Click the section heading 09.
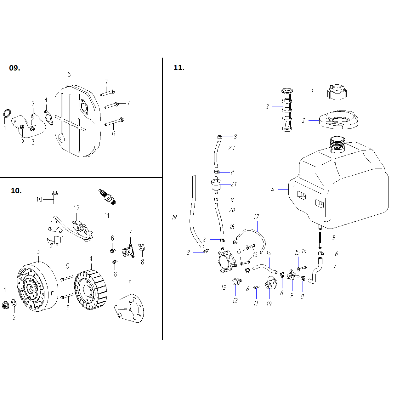(14, 68)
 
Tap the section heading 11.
(179, 68)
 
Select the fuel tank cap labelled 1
(337, 92)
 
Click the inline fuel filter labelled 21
(216, 185)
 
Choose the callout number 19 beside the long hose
(174, 217)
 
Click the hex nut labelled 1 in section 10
(5, 304)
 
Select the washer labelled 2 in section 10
(14, 303)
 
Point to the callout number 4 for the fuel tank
(272, 190)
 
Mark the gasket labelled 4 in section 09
(48, 116)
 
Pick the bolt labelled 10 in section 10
(55, 197)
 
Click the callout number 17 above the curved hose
(256, 217)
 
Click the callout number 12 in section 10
(77, 208)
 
